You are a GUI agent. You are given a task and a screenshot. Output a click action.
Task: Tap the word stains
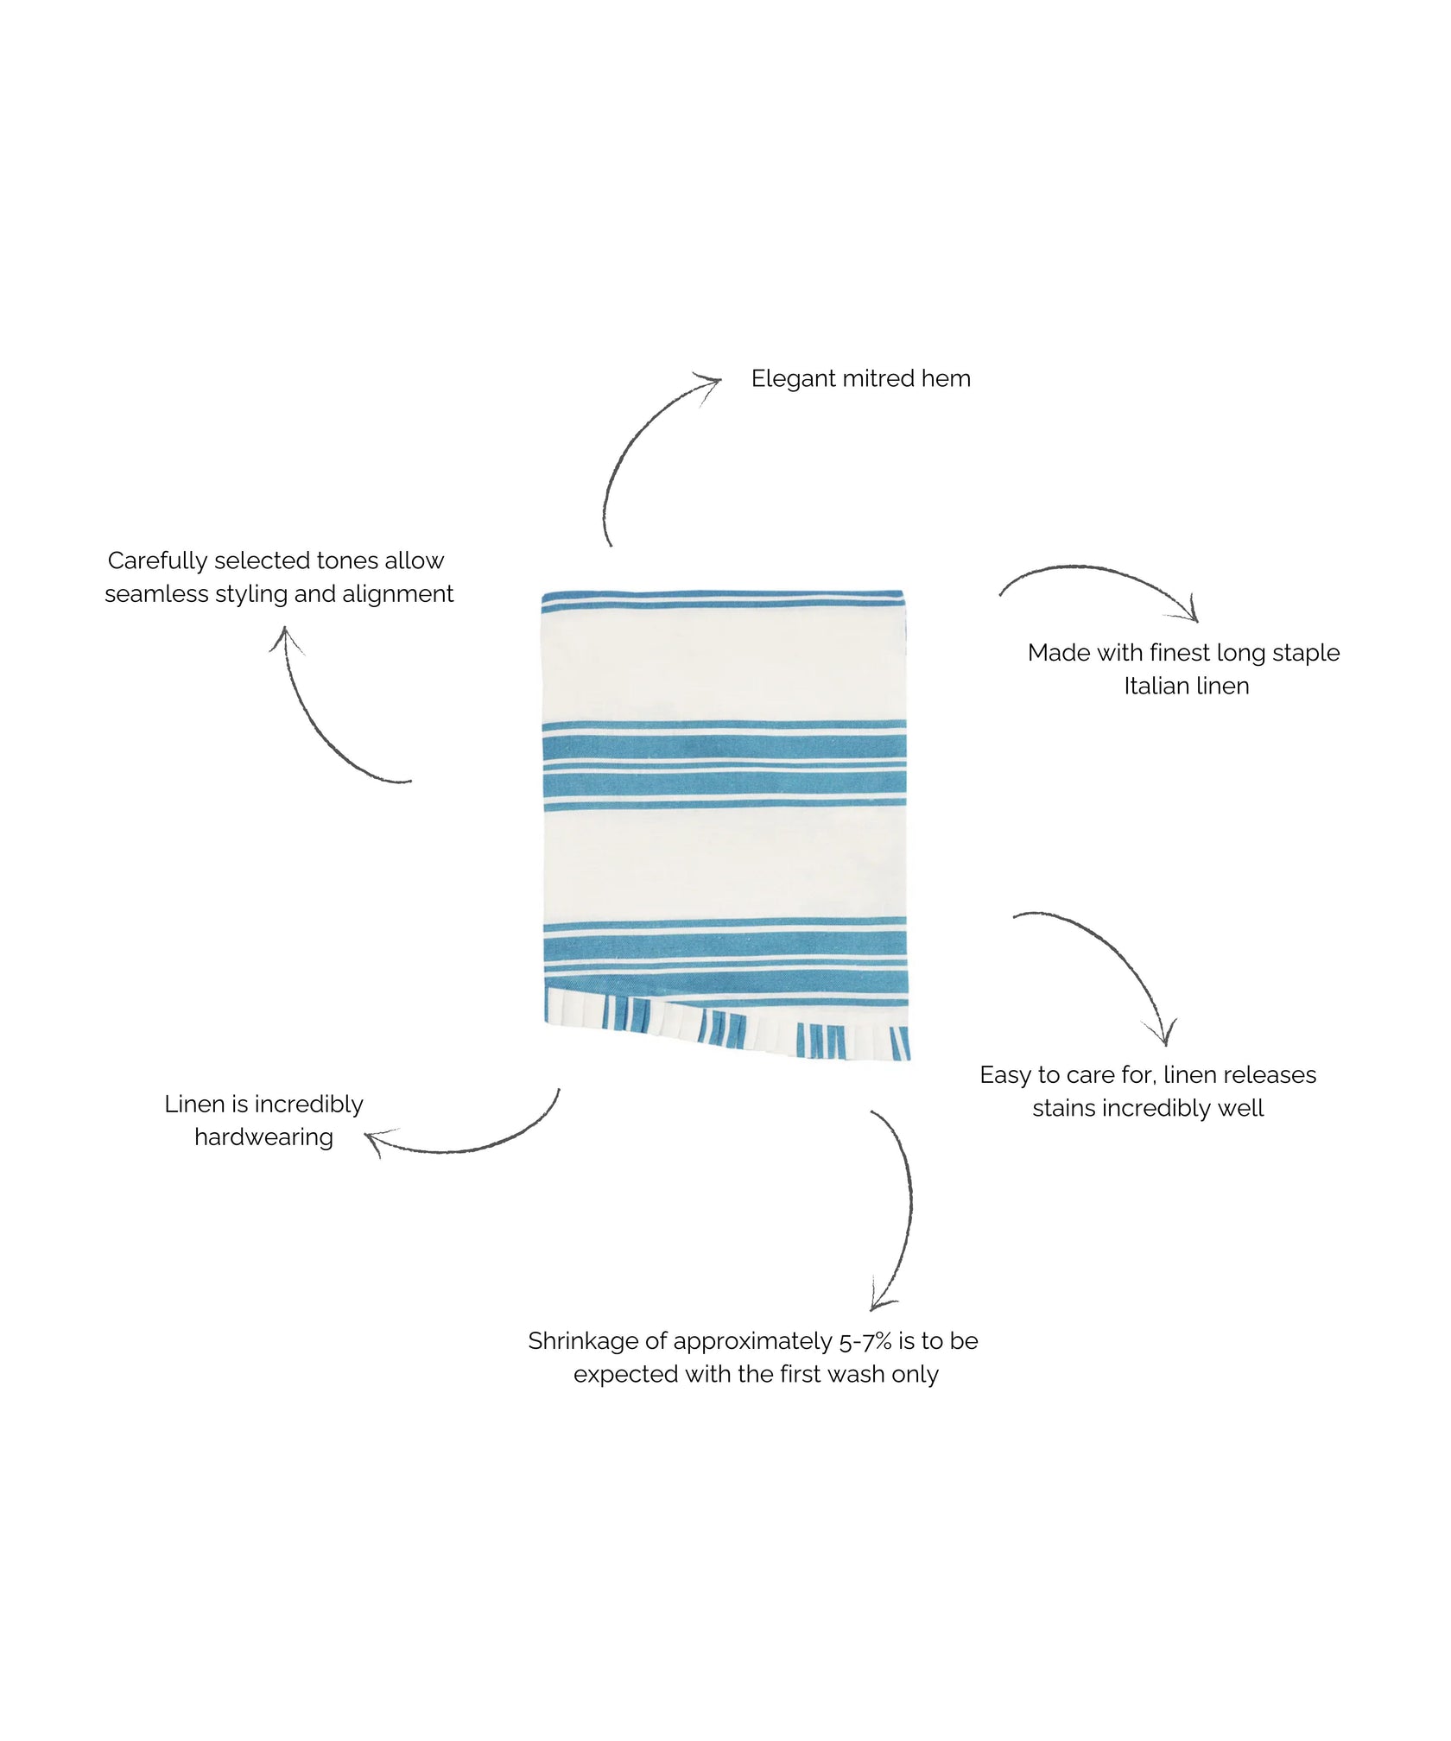[x=1064, y=1108]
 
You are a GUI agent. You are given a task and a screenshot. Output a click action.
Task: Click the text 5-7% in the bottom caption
[x=865, y=1341]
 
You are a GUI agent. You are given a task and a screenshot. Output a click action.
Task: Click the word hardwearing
[x=263, y=1137]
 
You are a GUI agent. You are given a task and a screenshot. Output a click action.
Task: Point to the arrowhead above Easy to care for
[x=1164, y=1036]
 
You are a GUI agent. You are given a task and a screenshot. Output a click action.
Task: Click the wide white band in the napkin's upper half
[x=723, y=665]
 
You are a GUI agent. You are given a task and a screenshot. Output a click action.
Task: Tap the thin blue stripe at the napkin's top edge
[x=722, y=596]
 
